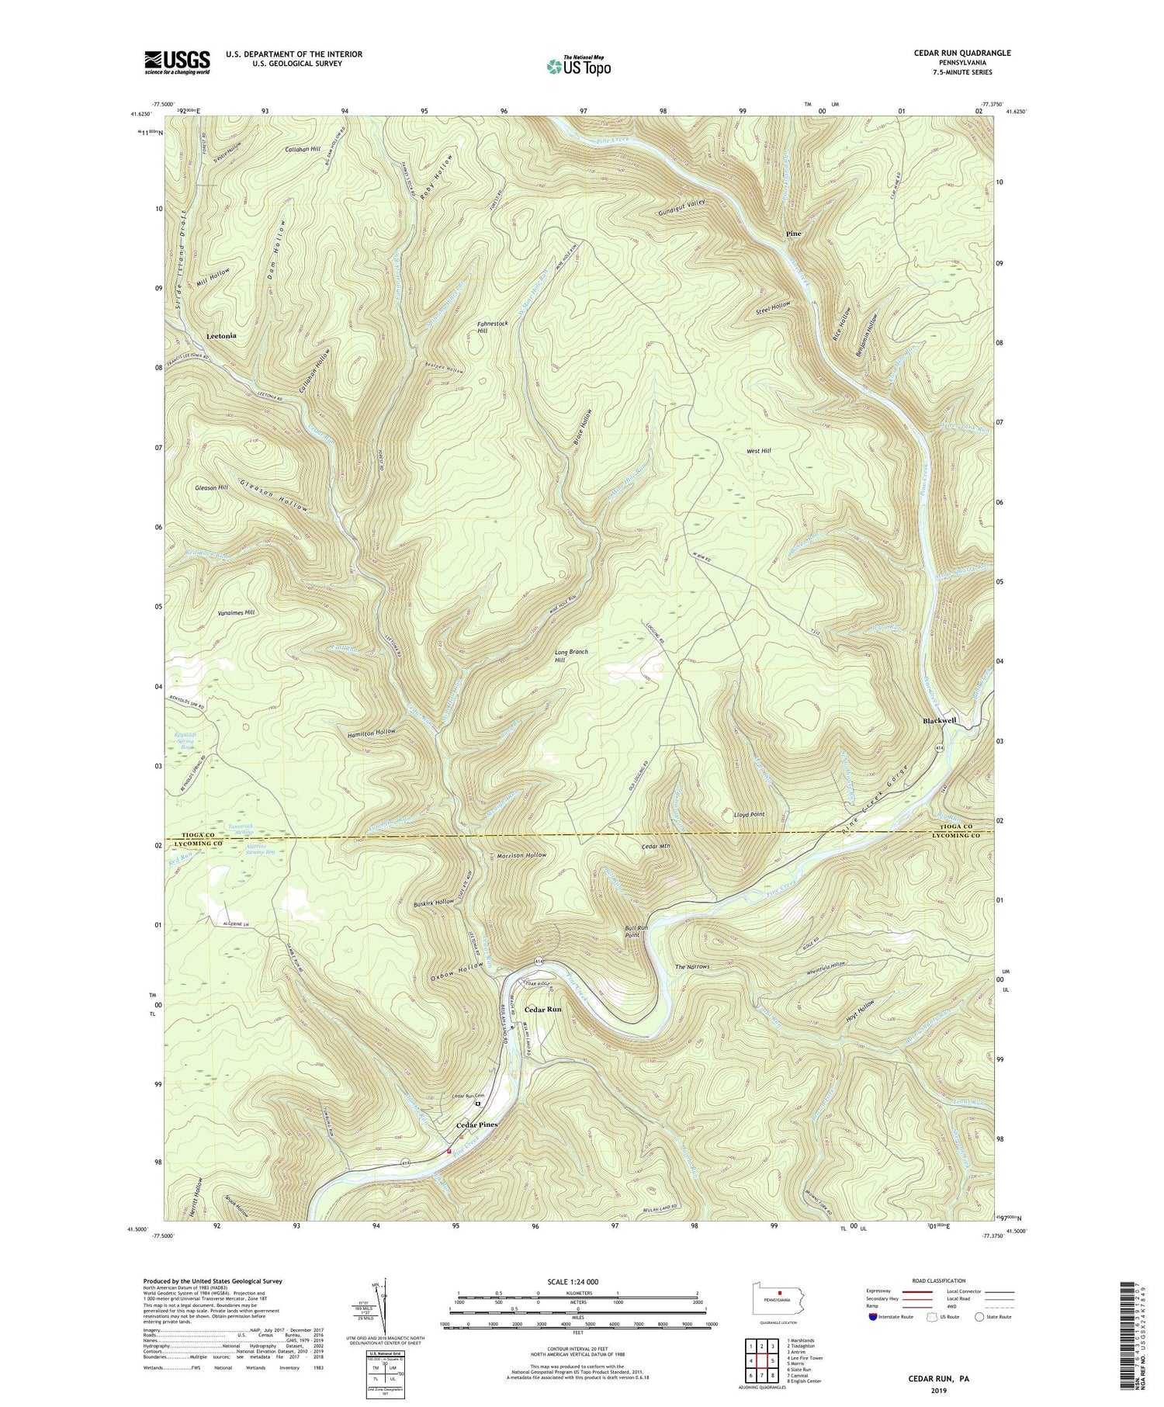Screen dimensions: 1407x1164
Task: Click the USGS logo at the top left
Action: pos(177,62)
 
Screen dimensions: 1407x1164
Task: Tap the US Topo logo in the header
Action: pos(577,67)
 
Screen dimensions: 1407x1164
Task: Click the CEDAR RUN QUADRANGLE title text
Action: pos(953,53)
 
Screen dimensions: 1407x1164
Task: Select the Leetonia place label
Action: pos(221,336)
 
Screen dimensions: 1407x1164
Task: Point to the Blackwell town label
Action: pos(939,721)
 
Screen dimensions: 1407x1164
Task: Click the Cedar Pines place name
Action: pos(476,1125)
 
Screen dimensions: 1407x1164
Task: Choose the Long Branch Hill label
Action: pos(571,656)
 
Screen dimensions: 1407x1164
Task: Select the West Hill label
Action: pos(758,451)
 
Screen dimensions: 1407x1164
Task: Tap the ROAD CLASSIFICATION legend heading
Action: pos(939,1281)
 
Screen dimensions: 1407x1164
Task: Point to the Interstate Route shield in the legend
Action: pos(874,1317)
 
